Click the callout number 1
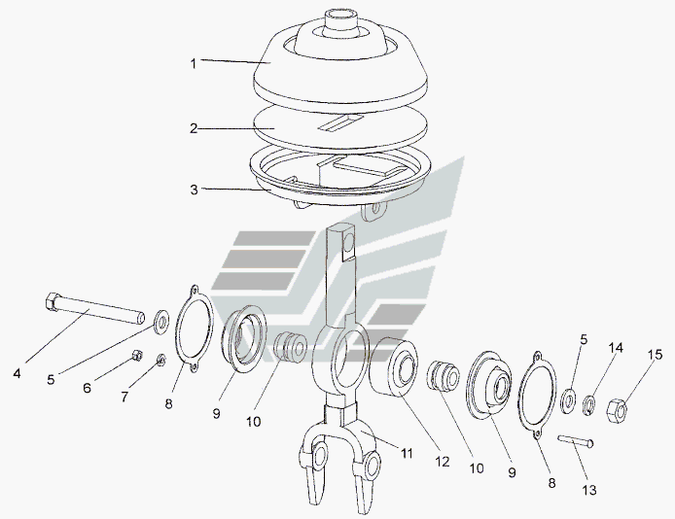[x=194, y=63]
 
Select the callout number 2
[x=194, y=128]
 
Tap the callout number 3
[x=195, y=190]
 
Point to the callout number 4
[x=17, y=373]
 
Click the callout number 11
[x=408, y=453]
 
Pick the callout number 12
[x=443, y=462]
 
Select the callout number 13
[x=589, y=490]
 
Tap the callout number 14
[x=616, y=347]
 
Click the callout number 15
[x=657, y=355]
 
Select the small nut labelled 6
[x=137, y=355]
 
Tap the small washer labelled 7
[x=161, y=360]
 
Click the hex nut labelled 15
[x=618, y=410]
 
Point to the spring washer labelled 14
[x=588, y=405]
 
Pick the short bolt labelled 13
[x=576, y=440]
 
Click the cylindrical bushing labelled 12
[x=394, y=365]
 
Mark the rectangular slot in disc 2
[x=341, y=122]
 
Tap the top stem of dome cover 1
[x=340, y=18]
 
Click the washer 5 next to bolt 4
[x=161, y=321]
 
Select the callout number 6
[x=87, y=388]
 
